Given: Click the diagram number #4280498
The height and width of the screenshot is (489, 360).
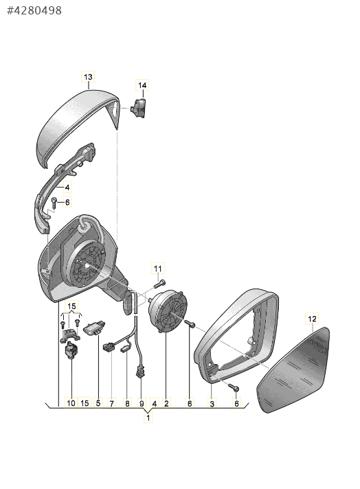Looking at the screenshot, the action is click(34, 10).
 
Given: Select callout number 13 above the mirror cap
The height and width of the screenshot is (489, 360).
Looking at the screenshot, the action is click(89, 77).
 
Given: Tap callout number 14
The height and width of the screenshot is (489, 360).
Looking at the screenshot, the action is click(142, 85).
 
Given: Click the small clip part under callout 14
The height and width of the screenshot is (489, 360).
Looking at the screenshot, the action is click(138, 108).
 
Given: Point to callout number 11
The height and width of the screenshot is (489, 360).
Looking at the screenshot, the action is click(158, 269).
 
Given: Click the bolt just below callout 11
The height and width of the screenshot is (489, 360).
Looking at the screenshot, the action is click(159, 284).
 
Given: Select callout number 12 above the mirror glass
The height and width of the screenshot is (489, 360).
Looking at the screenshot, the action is click(313, 319).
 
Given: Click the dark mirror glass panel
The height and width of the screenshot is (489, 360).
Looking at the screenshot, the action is click(293, 370).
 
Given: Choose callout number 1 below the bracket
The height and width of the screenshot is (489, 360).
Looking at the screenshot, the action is click(148, 418).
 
